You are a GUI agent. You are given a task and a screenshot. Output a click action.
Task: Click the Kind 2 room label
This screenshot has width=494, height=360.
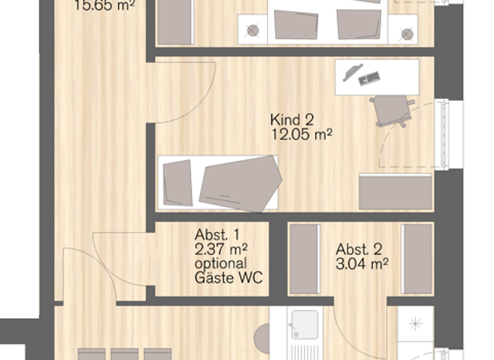(x=291, y=120)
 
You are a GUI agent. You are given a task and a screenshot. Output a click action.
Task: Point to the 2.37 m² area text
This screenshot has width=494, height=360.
(x=222, y=249)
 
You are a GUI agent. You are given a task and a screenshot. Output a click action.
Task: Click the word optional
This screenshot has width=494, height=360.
(x=220, y=264)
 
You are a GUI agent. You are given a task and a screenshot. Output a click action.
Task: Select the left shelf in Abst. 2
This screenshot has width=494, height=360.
(x=305, y=258)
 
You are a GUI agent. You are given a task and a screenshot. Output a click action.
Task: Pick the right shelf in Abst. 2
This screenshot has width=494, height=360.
(x=417, y=258)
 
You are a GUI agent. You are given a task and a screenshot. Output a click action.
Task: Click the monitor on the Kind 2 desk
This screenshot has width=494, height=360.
(x=352, y=72)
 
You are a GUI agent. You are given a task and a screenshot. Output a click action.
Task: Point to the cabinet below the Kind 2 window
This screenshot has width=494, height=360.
(x=395, y=192)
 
